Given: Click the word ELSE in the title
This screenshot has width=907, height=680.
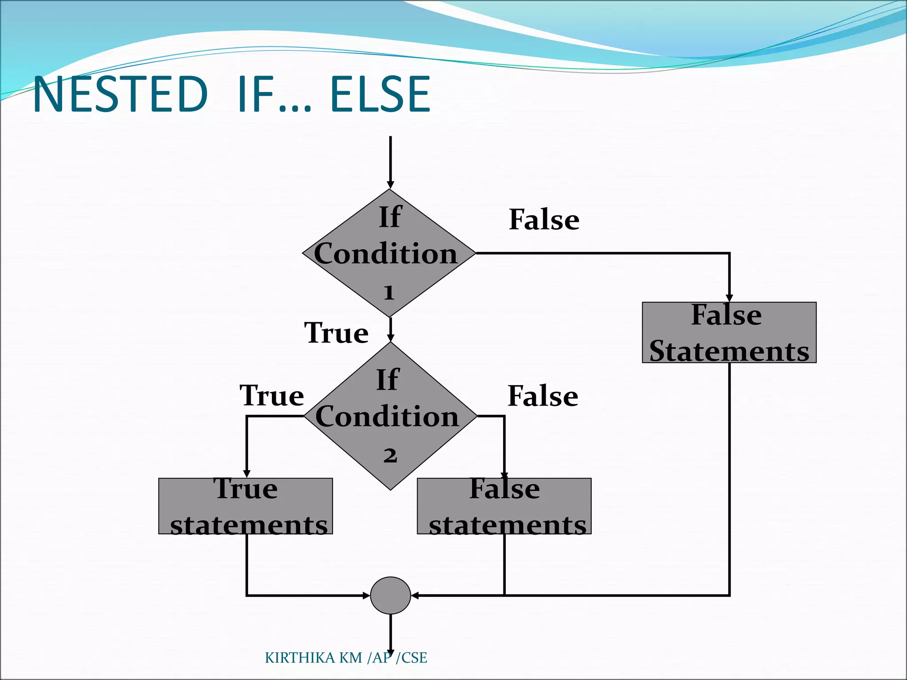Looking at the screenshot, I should tap(380, 94).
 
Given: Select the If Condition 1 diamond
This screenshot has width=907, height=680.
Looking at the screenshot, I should tap(389, 253).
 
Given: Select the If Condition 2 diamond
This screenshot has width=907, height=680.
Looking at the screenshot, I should tap(390, 416).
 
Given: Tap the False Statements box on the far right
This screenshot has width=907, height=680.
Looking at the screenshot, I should tap(729, 332).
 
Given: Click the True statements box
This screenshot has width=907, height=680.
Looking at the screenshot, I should tap(245, 506).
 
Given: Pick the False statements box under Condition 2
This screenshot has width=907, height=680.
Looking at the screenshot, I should tap(504, 506).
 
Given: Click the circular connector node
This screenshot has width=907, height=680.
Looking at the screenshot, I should tap(390, 595).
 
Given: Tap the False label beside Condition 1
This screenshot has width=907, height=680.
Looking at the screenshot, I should tap(544, 220).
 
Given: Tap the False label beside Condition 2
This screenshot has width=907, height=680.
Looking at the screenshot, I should tap(543, 396).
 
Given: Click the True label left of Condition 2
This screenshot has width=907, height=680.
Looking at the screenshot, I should tap(271, 395).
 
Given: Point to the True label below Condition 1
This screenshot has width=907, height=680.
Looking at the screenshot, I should tap(336, 333).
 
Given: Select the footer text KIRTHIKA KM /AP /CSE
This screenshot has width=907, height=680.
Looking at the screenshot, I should tap(345, 658).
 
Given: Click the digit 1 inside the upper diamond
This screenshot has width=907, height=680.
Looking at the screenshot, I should tap(389, 293).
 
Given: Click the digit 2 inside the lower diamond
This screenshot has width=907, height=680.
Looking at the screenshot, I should tap(390, 456).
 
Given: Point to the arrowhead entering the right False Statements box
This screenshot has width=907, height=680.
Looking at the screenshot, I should tap(729, 298).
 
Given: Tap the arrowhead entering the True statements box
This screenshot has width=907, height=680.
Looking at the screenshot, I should tap(247, 474).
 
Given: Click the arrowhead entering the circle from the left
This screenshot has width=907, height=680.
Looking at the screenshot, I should tap(366, 595).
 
